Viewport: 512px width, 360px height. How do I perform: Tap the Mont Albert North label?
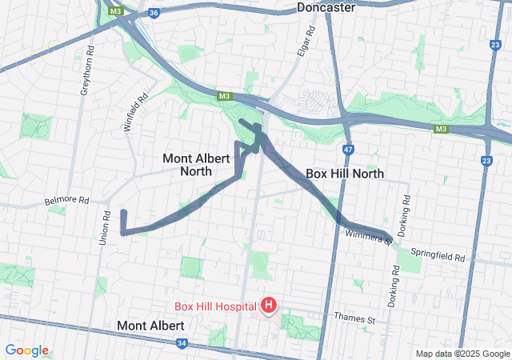click(x=188, y=164)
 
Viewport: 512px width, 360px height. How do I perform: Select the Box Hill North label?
click(x=345, y=174)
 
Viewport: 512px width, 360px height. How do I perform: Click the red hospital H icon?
click(x=270, y=305)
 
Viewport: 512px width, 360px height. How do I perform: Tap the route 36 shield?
click(x=154, y=13)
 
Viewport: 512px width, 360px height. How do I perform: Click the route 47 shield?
click(x=347, y=149)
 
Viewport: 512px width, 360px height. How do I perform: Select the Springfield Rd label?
click(x=438, y=255)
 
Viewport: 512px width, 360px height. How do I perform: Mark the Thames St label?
click(x=354, y=319)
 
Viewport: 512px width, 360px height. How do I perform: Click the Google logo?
click(x=26, y=350)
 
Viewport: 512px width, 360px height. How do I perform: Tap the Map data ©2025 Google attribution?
click(x=462, y=354)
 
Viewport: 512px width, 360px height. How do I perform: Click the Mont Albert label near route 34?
click(x=150, y=326)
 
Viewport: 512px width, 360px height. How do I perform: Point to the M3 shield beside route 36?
click(x=117, y=11)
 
